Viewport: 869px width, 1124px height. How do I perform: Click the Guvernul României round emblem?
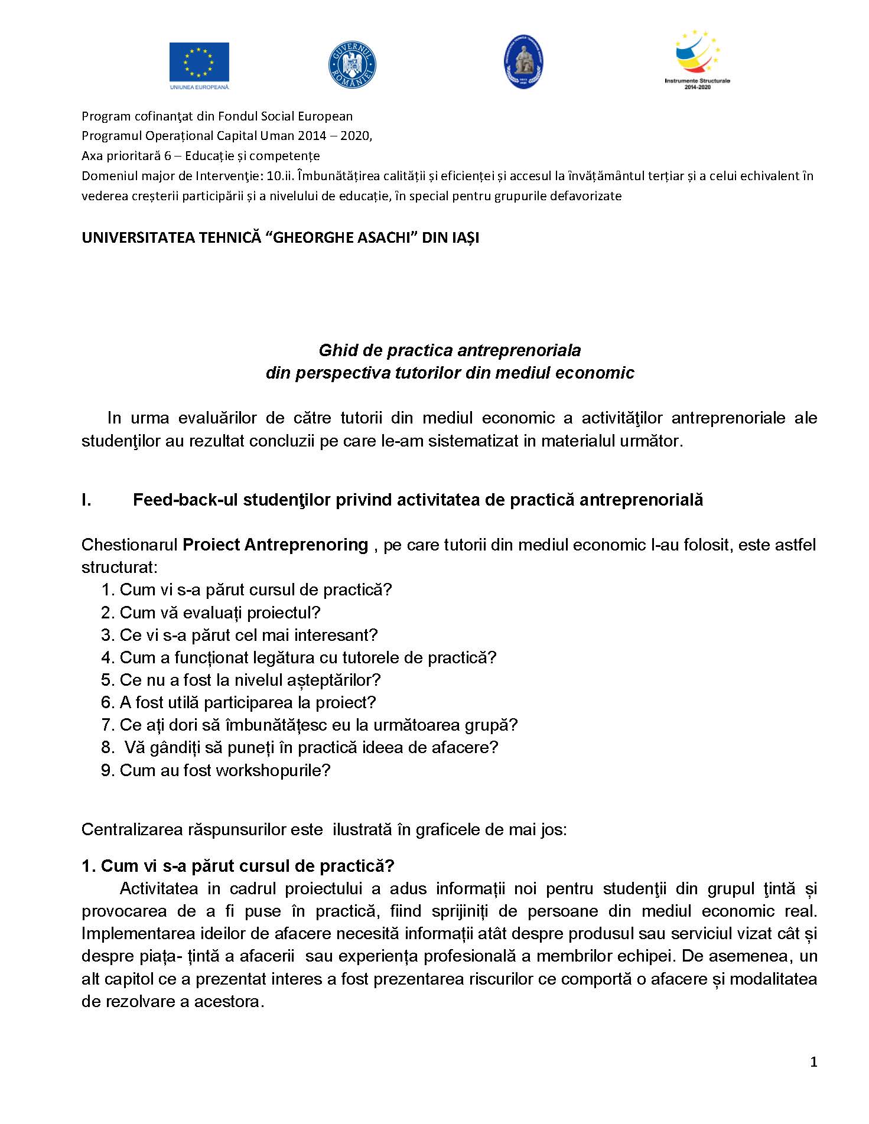(x=352, y=64)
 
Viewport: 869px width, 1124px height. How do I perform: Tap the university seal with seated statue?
(x=523, y=62)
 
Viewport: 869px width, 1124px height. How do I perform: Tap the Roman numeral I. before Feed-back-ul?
(x=86, y=500)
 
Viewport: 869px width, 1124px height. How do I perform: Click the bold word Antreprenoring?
(x=306, y=544)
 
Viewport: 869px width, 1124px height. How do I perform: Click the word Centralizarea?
(x=126, y=829)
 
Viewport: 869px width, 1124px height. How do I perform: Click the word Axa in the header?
(x=91, y=156)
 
